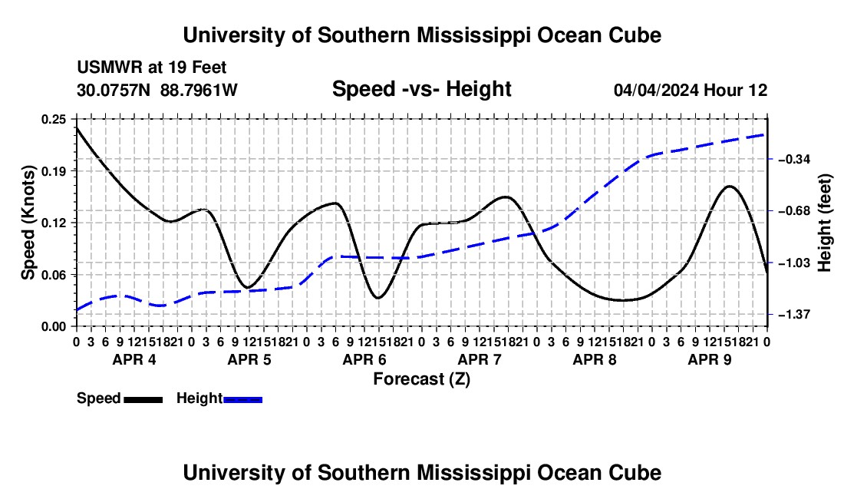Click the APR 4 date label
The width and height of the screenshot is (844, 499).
click(x=134, y=359)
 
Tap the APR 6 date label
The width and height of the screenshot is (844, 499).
click(x=364, y=359)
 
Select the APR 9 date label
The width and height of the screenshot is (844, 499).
click(x=710, y=359)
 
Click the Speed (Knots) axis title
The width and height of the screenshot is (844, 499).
click(x=28, y=223)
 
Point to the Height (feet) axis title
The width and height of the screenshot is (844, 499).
click(x=824, y=223)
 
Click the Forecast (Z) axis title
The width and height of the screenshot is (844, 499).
click(x=421, y=379)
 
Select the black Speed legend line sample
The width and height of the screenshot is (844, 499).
click(x=143, y=399)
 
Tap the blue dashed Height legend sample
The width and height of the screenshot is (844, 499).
click(x=242, y=399)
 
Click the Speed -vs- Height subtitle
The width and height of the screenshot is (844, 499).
click(x=421, y=89)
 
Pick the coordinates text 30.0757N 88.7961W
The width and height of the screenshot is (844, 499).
click(x=157, y=90)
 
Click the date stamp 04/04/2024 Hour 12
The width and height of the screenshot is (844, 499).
click(x=691, y=90)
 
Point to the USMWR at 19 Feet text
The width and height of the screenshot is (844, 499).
click(x=152, y=68)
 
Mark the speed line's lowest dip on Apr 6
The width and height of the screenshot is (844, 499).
click(x=377, y=298)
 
